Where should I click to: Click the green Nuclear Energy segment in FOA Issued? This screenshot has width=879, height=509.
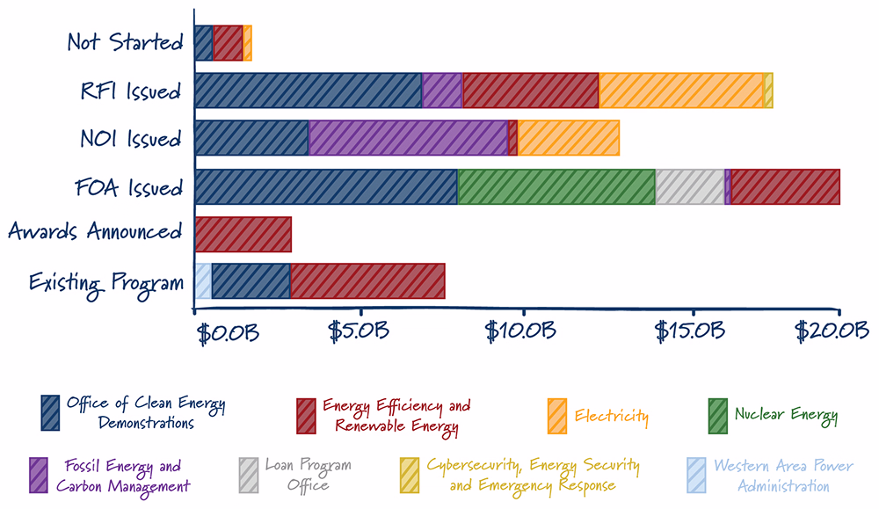556,186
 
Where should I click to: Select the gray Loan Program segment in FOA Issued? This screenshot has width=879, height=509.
689,186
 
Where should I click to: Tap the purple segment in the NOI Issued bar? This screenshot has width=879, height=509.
408,138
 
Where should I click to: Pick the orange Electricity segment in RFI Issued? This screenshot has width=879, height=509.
681,91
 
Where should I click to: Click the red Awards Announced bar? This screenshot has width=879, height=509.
243,235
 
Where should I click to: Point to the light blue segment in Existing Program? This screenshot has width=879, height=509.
203,280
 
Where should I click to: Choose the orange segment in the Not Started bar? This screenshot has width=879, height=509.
247,42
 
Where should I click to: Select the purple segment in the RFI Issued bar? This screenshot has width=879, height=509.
442,91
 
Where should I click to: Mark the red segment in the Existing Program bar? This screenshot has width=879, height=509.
367,280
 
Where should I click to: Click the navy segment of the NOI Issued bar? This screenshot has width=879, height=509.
251,138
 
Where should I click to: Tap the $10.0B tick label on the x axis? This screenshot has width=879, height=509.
520,331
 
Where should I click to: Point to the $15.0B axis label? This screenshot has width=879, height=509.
689,331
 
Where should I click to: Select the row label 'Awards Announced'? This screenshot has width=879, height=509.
95,231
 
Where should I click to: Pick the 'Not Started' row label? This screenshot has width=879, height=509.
125,42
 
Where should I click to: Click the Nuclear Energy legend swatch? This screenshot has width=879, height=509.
717,416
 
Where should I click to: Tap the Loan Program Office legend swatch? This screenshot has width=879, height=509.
249,476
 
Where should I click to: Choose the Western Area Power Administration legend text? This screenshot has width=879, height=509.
783,476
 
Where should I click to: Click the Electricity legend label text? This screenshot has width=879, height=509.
611,416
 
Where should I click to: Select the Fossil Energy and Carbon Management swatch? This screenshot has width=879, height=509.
39,476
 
